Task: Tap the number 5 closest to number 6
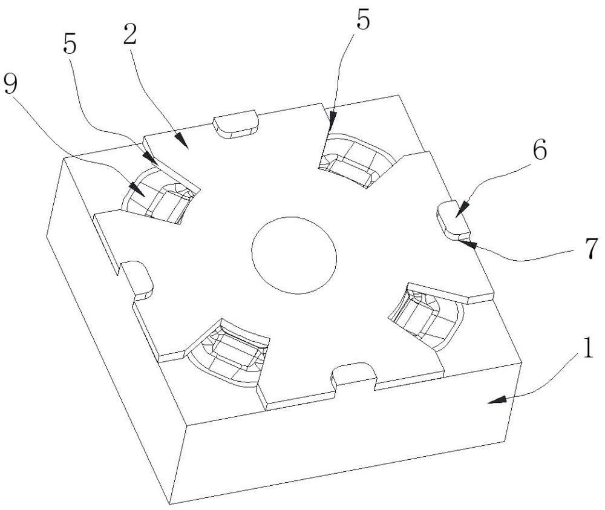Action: coord(362,21)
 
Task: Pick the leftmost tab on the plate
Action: coord(136,278)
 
